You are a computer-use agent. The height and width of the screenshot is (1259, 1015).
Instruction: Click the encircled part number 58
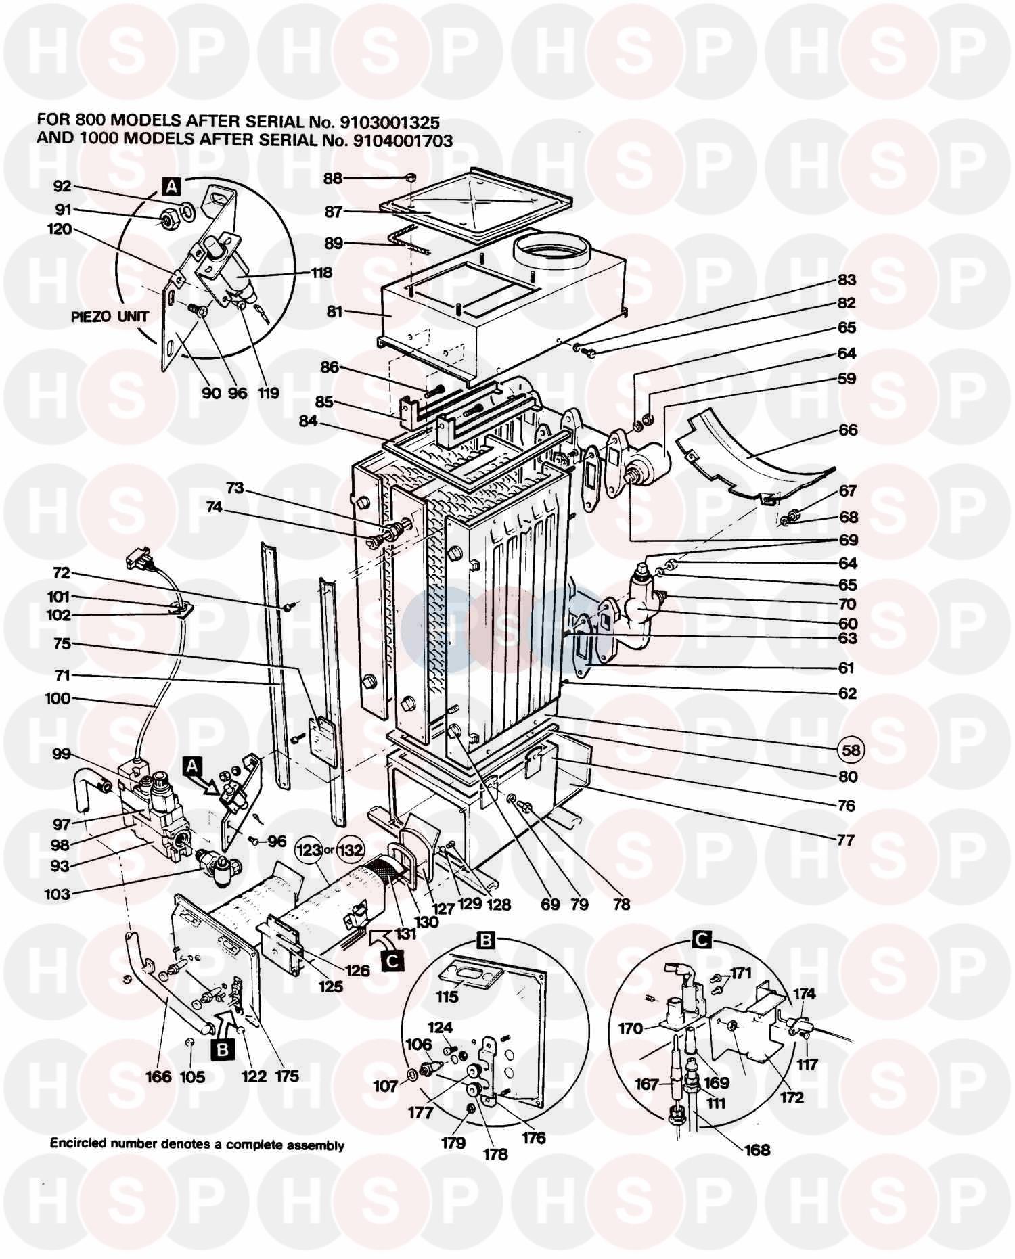[851, 749]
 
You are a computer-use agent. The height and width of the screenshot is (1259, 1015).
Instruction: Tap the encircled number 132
[351, 850]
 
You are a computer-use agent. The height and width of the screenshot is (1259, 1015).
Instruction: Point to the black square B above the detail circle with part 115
[487, 939]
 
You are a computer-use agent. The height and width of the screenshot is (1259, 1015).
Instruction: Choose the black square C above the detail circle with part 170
[702, 939]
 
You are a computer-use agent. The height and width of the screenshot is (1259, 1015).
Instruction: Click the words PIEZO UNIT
[110, 317]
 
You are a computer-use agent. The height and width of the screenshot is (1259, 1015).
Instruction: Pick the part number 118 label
[321, 273]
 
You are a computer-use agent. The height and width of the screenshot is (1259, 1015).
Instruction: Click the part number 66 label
[847, 430]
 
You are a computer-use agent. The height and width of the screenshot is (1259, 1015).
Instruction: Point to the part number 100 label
[58, 697]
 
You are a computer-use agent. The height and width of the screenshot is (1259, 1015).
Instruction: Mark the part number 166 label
[158, 1076]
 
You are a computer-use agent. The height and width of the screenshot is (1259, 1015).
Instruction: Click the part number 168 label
[757, 1149]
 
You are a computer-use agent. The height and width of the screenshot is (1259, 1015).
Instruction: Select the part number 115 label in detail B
[447, 997]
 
